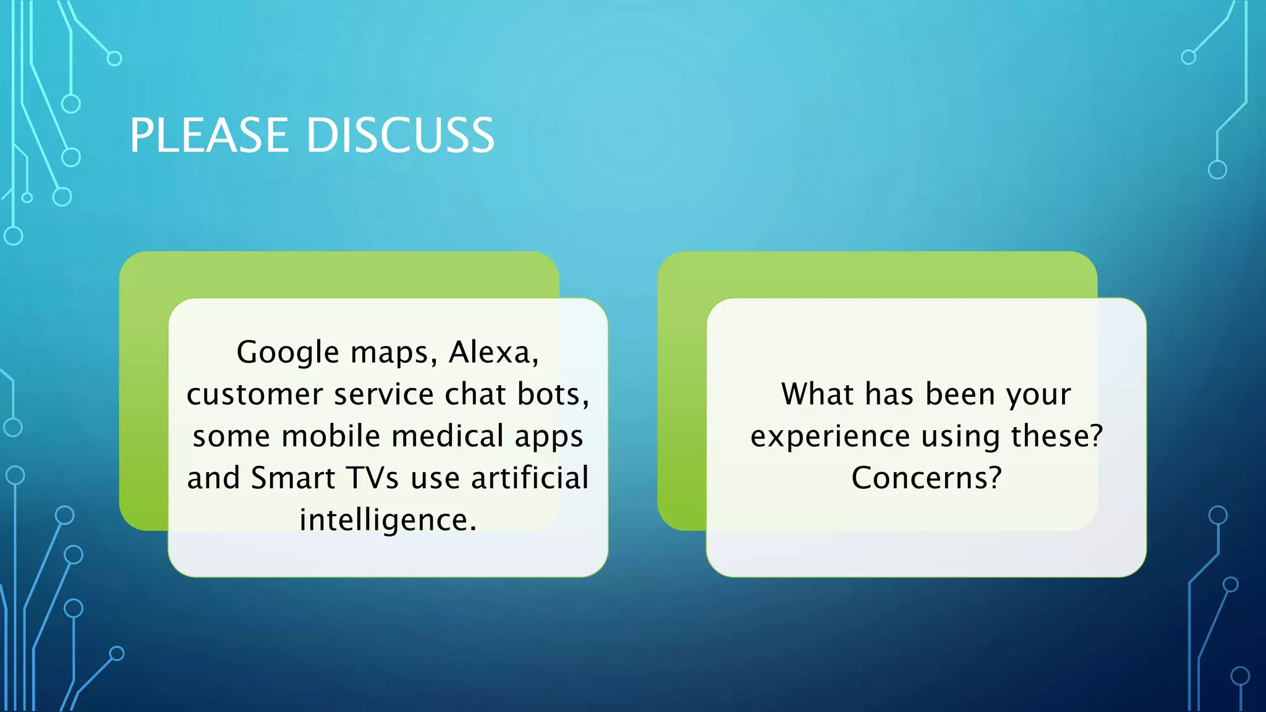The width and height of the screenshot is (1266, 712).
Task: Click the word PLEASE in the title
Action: coord(209,135)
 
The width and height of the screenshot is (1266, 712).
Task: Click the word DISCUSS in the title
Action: coord(400,135)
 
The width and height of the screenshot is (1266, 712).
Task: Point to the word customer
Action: coord(255,394)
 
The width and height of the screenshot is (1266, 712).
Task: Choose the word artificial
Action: coord(530,478)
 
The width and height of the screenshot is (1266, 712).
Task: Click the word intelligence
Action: coord(388,520)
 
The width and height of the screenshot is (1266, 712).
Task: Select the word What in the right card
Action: coord(817,394)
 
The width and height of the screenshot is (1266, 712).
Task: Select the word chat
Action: coord(475,394)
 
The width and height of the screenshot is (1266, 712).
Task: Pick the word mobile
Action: coord(331,436)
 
